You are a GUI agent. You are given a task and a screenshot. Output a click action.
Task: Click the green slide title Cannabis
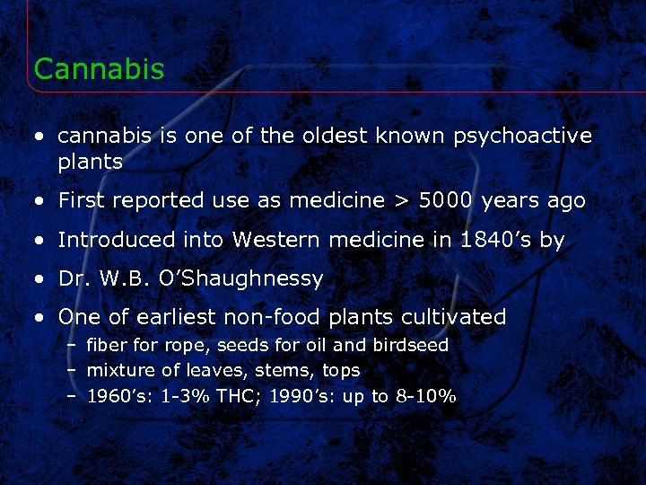click(99, 69)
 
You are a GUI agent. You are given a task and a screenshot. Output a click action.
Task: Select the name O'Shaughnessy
click(239, 278)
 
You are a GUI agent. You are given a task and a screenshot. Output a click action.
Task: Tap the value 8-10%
click(425, 396)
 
